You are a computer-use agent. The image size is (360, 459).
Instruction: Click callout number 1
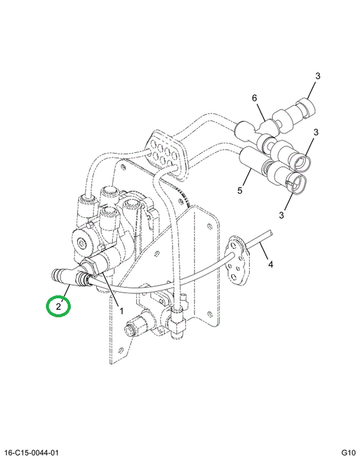(121, 310)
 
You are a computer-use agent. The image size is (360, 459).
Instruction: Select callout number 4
(271, 265)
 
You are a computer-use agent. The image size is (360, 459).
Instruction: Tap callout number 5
(240, 191)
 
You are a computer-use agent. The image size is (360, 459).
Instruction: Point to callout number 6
(254, 98)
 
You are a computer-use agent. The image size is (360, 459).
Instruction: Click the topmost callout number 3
(318, 76)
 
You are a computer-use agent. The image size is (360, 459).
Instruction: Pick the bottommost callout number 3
(281, 215)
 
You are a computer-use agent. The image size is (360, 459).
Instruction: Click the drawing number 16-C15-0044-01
(29, 453)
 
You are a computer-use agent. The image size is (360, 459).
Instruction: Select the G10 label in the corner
(349, 453)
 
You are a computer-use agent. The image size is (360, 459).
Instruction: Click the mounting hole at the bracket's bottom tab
(120, 350)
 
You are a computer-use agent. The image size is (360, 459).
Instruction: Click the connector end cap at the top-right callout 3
(306, 108)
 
